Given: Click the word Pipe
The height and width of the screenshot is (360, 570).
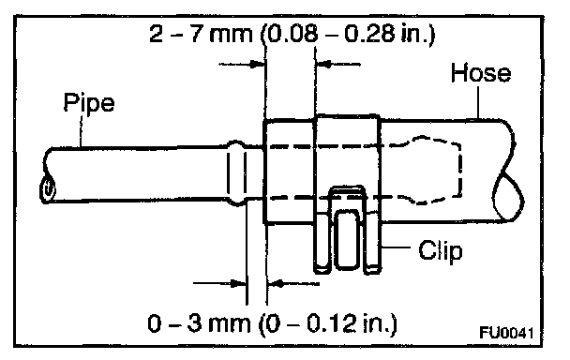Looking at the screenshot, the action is point(89,103).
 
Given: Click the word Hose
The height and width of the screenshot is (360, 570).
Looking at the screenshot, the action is point(481,73).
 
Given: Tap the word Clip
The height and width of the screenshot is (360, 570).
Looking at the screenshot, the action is point(441,250).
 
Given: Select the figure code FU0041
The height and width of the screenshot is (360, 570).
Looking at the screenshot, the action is point(507,333).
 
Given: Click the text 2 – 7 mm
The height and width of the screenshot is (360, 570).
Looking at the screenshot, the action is point(201,34).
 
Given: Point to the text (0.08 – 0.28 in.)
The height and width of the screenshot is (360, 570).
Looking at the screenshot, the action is point(347,34).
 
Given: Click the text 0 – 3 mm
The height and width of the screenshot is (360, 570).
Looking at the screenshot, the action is point(199,322).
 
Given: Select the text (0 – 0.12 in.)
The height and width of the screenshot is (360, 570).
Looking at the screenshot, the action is point(327,323).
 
